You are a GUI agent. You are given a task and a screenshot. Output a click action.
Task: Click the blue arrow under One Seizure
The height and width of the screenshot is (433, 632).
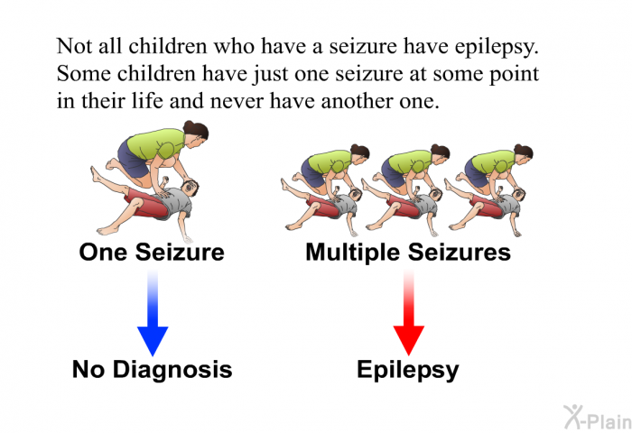pos(153,313)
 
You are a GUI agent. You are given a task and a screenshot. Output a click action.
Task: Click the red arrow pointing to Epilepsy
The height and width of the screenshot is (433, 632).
pos(409,313)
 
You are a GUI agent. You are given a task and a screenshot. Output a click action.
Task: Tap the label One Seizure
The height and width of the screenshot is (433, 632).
pos(152,253)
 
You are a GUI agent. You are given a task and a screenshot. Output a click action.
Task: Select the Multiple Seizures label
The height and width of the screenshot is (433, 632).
pos(408,253)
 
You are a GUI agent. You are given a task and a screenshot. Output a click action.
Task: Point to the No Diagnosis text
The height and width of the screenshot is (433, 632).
pos(152,370)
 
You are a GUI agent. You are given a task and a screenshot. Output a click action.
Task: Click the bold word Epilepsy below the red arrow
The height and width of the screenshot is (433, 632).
pos(408,370)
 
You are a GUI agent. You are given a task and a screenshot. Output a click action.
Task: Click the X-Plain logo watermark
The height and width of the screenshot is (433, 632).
pos(598,418)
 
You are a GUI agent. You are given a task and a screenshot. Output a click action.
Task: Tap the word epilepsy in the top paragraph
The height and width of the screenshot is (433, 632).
pos(497,47)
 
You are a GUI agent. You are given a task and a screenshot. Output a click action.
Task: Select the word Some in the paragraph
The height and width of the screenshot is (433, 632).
pos(83,74)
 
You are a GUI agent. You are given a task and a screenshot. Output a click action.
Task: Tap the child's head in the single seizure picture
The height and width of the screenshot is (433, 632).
pos(190,188)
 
